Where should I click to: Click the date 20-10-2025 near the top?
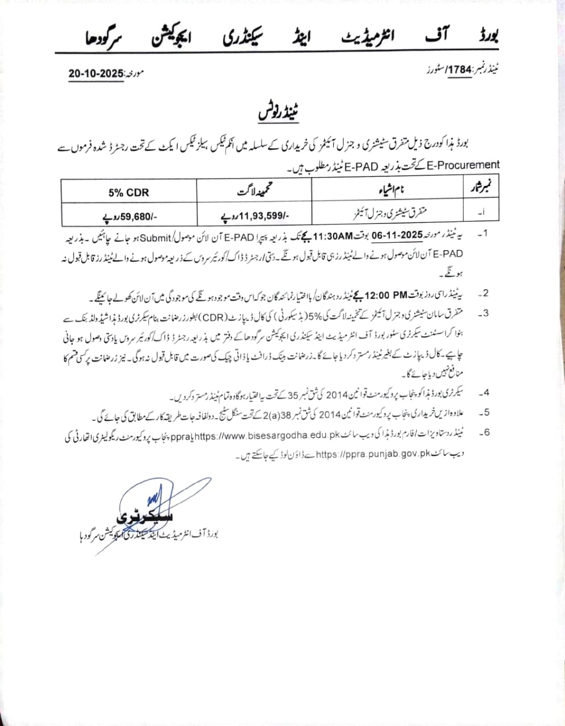point(96,74)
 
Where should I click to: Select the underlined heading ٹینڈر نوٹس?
point(278,112)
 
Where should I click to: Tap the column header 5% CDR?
point(129,192)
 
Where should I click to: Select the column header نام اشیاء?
point(391,192)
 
